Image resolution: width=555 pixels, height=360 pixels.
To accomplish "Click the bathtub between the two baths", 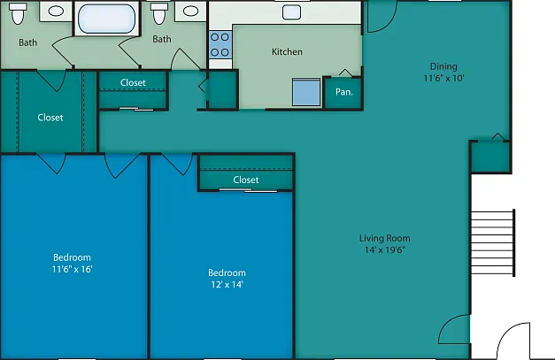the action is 106,19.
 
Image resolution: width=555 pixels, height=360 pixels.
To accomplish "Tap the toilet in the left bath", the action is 18,13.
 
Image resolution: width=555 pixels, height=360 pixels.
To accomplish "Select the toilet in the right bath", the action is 159,13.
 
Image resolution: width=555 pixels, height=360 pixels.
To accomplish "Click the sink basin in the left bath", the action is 56,11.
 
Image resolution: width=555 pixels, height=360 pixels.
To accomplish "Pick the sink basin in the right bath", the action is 191,11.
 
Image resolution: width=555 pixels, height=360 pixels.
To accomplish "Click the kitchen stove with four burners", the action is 220,45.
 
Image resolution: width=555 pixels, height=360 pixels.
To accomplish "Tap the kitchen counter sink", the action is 291,12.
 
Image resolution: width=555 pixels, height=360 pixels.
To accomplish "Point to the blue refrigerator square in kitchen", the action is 306,92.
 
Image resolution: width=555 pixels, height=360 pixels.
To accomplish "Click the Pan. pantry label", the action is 344,92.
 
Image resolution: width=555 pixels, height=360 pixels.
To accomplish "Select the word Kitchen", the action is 287,52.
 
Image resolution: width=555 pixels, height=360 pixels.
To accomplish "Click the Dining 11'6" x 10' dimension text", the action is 443,78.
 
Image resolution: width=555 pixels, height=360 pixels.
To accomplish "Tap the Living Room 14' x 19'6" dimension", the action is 385,249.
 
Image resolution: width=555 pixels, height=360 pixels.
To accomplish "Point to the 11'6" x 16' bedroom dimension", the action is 73,269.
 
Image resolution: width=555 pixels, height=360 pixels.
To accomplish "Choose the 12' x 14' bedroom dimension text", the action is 227,284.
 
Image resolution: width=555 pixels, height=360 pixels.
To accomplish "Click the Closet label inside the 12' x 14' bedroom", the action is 246,180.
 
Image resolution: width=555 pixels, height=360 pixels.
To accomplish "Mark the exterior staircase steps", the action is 493,242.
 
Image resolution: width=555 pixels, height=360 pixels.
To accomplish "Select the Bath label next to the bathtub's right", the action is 162,39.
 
